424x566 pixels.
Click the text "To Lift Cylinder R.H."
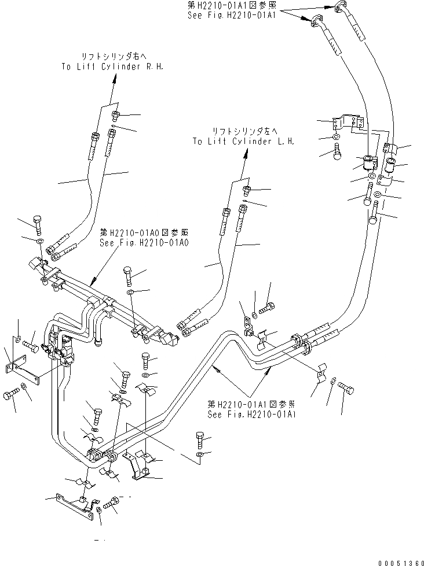coord(112,66)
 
